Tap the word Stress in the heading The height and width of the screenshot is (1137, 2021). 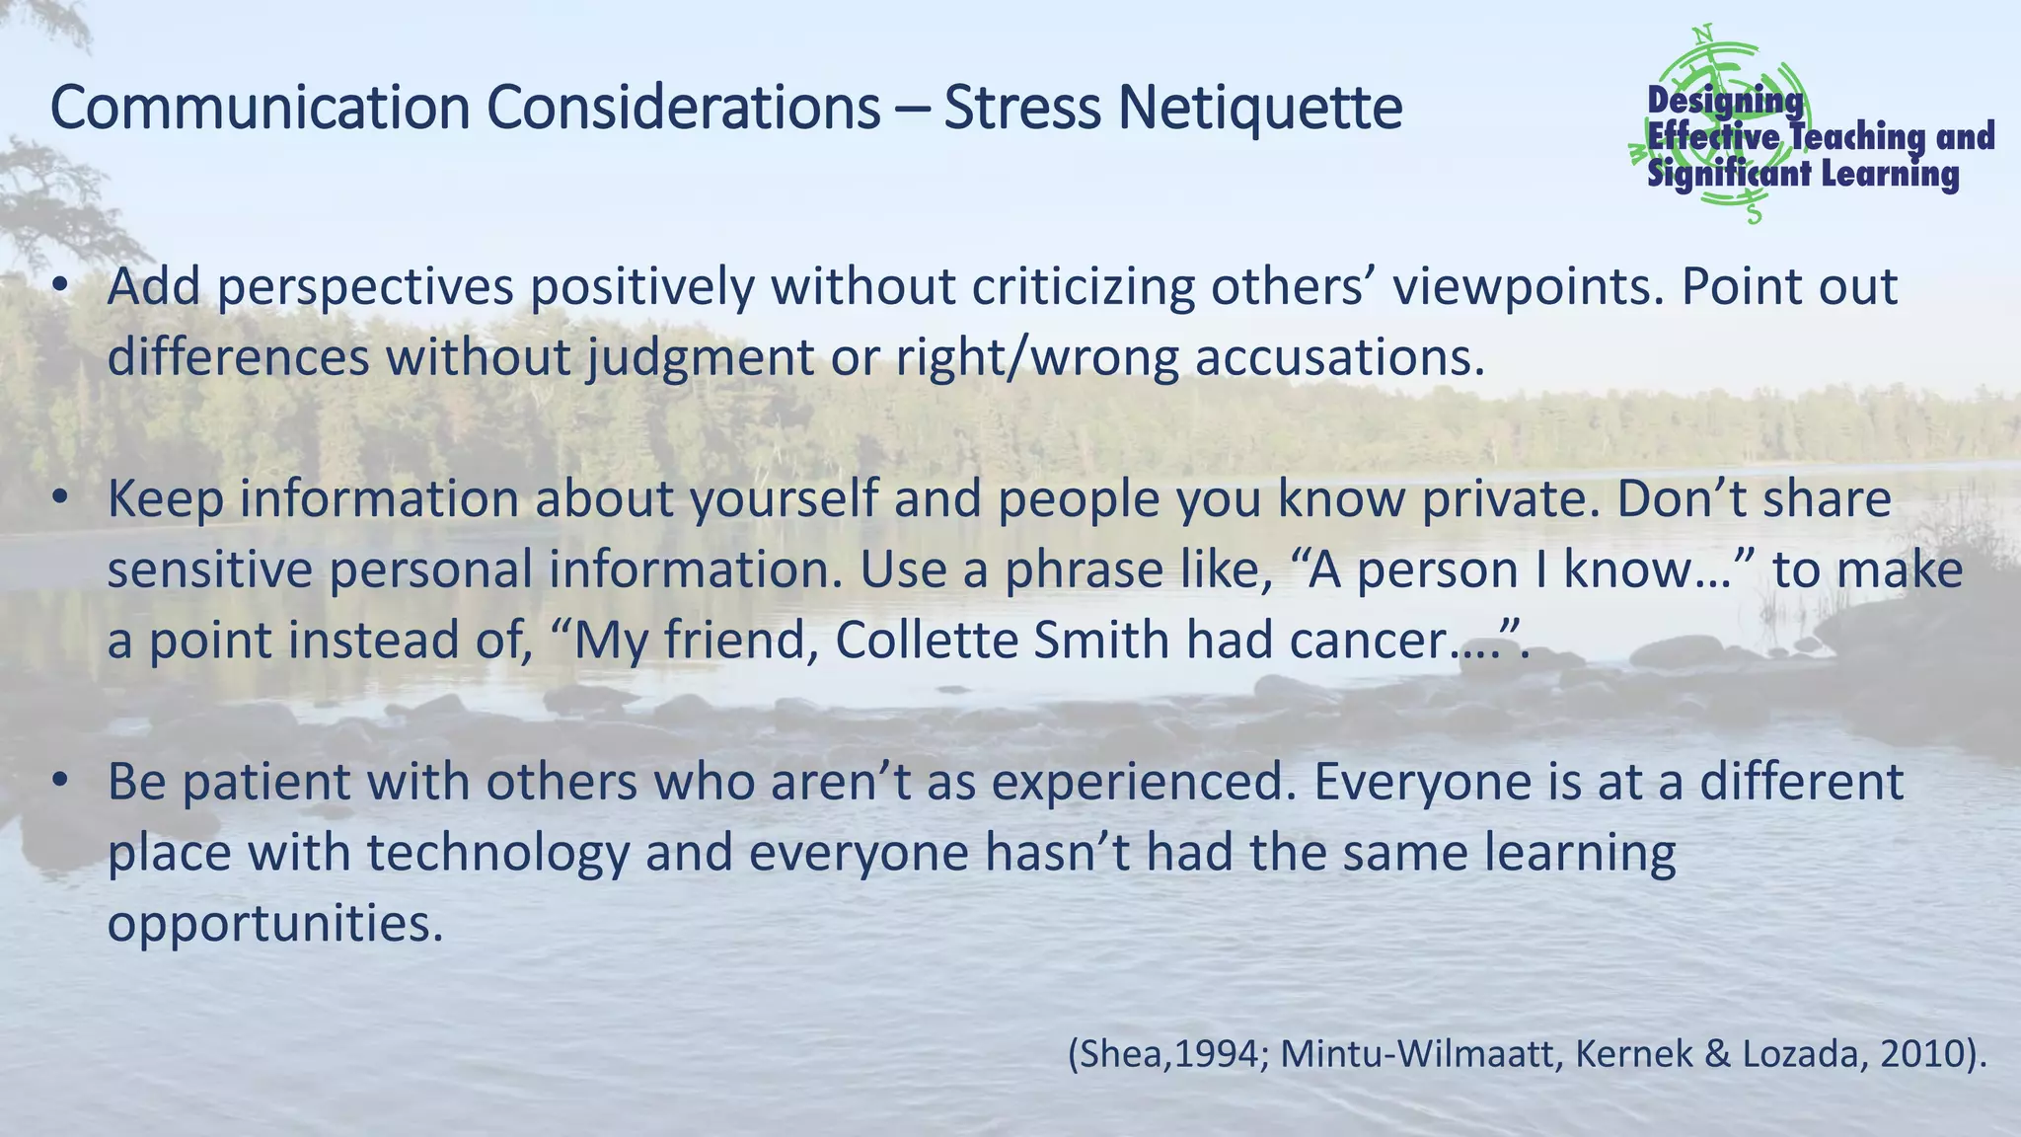point(1021,108)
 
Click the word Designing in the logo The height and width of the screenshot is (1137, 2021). point(1725,101)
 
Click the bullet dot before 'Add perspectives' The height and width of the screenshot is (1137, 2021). point(61,286)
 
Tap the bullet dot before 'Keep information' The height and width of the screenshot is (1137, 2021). point(61,498)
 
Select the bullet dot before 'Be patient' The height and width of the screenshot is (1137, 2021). point(61,782)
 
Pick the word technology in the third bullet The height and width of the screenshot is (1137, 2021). point(498,853)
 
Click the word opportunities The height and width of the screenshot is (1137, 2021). point(275,924)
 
